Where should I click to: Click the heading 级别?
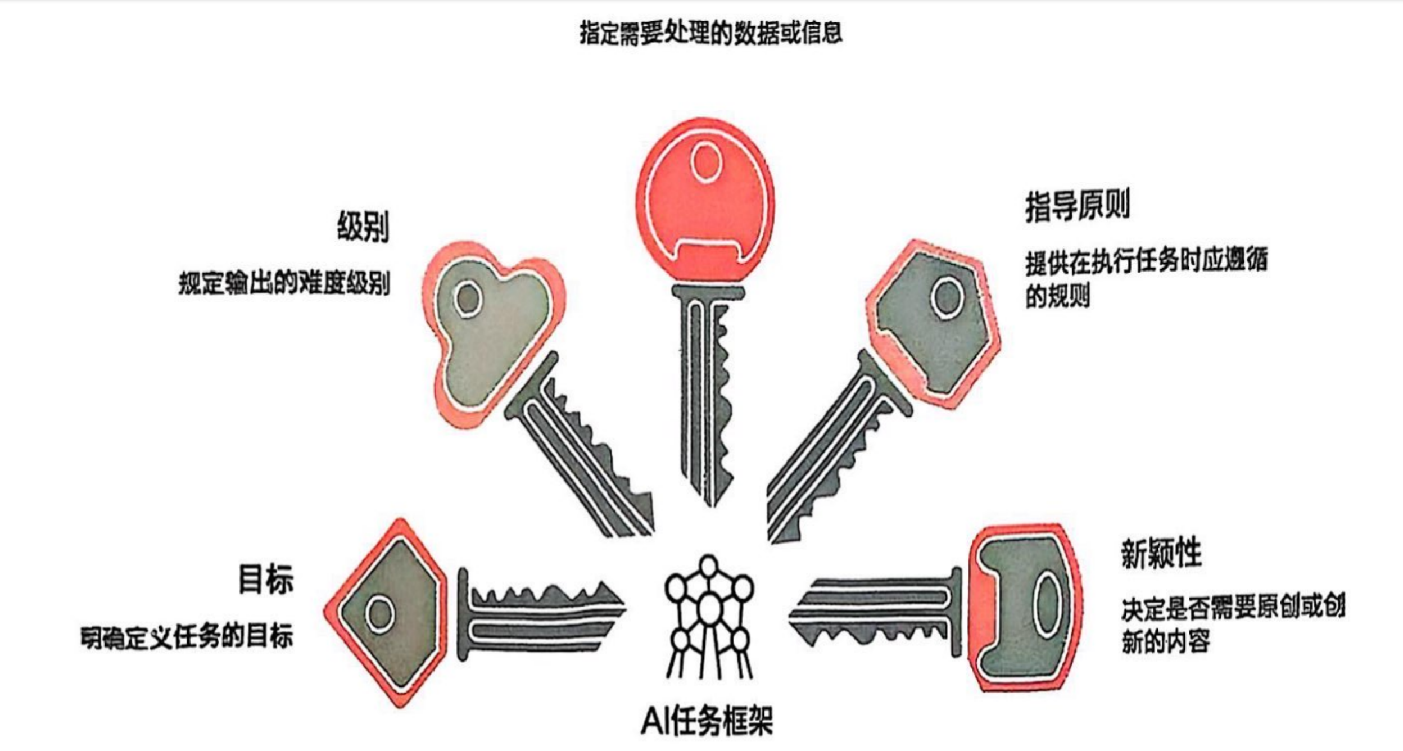tap(363, 227)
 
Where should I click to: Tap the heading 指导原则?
tap(1077, 206)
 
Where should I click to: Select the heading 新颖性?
tap(1161, 554)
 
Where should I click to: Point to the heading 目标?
tap(266, 579)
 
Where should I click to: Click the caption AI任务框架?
tap(707, 721)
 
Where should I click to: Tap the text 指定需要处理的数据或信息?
tap(710, 32)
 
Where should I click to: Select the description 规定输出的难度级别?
tap(284, 283)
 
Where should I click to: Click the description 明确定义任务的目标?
tap(187, 638)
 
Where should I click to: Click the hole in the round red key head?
tap(706, 161)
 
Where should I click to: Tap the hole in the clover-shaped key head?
tap(467, 298)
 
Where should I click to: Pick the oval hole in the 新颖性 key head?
tap(1047, 605)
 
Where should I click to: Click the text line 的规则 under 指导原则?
tap(1057, 296)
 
